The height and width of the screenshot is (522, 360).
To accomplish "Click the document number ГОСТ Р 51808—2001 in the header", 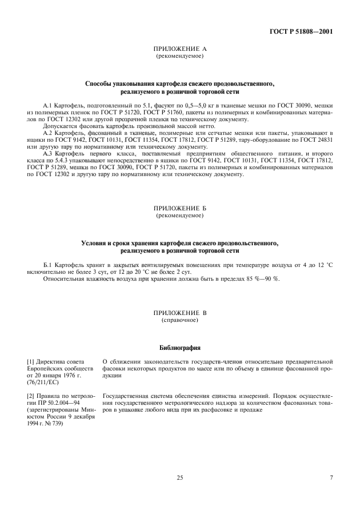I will coord(301,31).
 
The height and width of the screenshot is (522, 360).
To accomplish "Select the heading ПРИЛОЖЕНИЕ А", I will coord(179,50).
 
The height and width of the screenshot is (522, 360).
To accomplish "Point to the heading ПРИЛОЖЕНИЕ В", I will coord(179,314).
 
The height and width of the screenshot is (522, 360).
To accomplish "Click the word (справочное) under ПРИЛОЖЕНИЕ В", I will coord(179,320).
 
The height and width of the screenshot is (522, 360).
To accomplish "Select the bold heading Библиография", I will coord(179,348).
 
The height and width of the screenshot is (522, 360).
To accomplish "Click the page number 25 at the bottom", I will coord(179,478).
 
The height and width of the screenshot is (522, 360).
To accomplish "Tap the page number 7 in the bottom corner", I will coord(331,478).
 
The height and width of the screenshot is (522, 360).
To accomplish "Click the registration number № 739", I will coord(57,424).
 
